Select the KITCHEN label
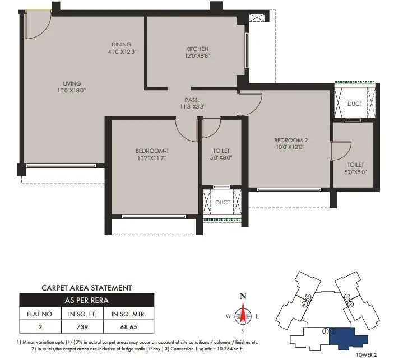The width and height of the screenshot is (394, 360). tap(197, 49)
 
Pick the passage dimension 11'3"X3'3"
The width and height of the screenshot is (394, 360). tap(193, 105)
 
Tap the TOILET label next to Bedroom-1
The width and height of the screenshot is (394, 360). tap(221, 151)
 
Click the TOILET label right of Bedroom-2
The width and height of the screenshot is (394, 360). tap(355, 165)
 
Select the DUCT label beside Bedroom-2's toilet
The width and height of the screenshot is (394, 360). tap(354, 104)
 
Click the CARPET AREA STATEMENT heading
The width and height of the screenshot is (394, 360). tap(87, 288)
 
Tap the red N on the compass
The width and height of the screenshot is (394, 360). tap(243, 296)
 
